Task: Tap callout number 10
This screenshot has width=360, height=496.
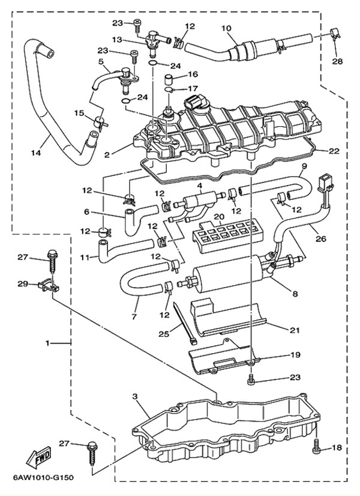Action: click(227, 28)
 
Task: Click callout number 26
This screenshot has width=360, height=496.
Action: click(321, 238)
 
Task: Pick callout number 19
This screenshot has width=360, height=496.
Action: click(295, 355)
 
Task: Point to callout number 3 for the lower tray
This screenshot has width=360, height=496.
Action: click(134, 397)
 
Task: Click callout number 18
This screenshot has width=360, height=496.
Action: click(337, 447)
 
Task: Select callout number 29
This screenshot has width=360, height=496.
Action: click(23, 283)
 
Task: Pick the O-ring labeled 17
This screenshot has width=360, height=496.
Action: click(170, 90)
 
